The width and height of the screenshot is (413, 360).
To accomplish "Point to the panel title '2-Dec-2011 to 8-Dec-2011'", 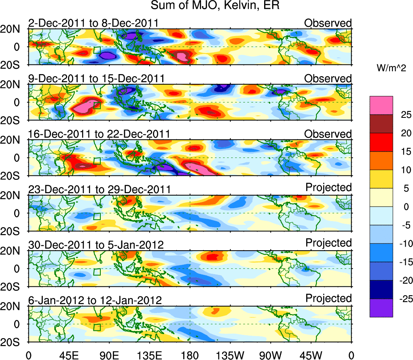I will [93, 23].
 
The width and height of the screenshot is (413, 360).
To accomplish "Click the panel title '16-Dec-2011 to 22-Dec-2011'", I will [99, 134].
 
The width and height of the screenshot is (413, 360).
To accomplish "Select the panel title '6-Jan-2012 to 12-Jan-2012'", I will [95, 300].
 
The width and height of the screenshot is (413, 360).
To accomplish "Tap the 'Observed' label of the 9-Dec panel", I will [328, 78].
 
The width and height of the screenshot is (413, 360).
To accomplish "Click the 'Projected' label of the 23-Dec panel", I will [328, 187].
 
